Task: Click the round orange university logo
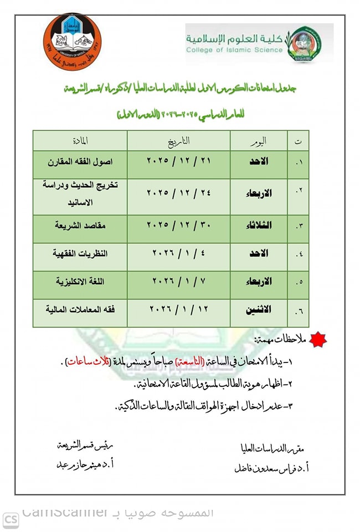coord(72,41)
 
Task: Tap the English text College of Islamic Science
coord(234,50)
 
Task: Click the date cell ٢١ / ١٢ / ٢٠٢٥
coord(179,165)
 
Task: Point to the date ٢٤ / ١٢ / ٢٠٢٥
coord(179,192)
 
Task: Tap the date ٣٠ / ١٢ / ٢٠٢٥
coord(179,224)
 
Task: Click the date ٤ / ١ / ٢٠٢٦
coord(179,253)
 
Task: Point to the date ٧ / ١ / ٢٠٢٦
coord(179,282)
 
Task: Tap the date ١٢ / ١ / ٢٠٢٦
coord(179,310)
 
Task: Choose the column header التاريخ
coord(179,140)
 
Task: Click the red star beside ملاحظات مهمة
coord(317,339)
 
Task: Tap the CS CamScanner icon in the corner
coord(11,520)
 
